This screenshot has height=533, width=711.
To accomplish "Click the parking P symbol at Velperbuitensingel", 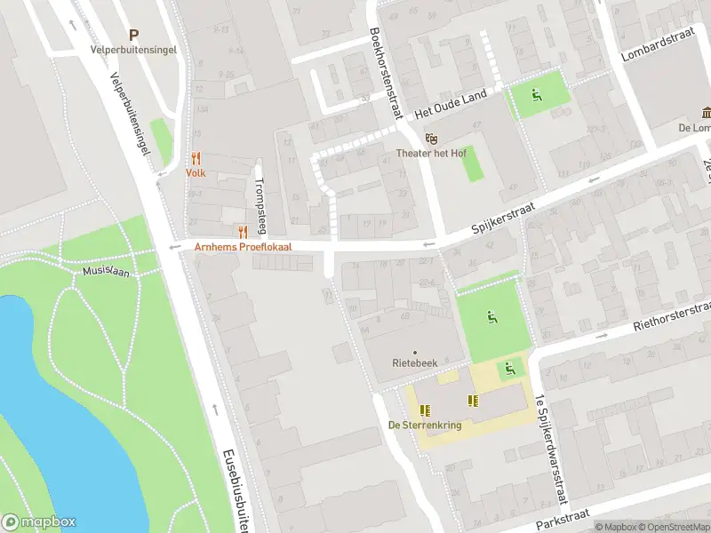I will point(134,36).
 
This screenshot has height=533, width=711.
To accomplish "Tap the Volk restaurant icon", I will point(196,158).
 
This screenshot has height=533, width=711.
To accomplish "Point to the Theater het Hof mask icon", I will point(432,138).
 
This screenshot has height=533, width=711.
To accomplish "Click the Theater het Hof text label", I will point(431,153).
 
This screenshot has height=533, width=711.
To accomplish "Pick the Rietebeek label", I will point(415,363).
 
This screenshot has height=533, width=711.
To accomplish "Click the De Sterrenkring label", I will point(425,426).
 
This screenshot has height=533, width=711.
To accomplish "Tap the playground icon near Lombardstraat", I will point(537,95).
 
